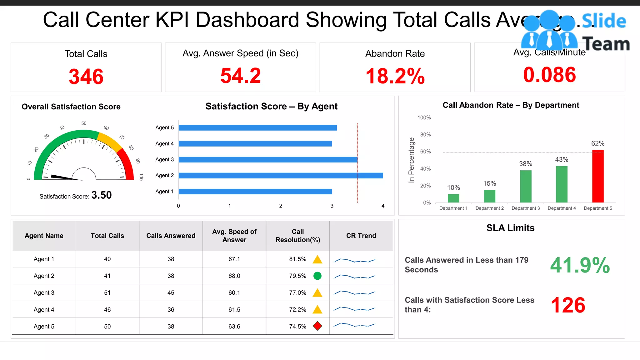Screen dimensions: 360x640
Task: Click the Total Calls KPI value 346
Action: (86, 77)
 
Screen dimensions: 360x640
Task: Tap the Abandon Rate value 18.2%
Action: (395, 76)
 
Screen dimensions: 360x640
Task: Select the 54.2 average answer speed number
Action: (240, 76)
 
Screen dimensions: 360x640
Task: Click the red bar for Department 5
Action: (598, 177)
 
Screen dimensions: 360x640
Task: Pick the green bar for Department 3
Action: (526, 187)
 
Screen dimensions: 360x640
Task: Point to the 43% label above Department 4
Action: (562, 160)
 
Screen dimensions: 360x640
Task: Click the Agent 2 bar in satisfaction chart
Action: (281, 176)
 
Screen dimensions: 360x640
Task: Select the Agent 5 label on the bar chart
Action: (164, 127)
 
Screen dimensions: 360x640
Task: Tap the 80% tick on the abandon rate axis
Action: (425, 135)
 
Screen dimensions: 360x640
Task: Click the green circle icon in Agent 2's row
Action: (317, 276)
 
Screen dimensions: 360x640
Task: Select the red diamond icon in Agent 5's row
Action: (317, 326)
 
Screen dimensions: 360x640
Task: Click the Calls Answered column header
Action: (171, 236)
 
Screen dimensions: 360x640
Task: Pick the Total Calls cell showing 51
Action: (107, 293)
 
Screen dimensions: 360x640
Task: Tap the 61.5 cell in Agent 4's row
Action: (234, 310)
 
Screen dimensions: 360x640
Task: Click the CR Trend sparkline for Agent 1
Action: (354, 260)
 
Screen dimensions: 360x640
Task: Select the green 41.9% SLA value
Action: (580, 265)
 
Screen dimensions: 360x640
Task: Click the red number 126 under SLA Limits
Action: (568, 305)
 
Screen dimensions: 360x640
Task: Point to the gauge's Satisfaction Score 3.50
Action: (101, 195)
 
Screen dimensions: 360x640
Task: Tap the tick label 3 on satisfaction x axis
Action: (332, 206)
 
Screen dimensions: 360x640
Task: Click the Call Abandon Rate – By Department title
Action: (511, 105)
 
